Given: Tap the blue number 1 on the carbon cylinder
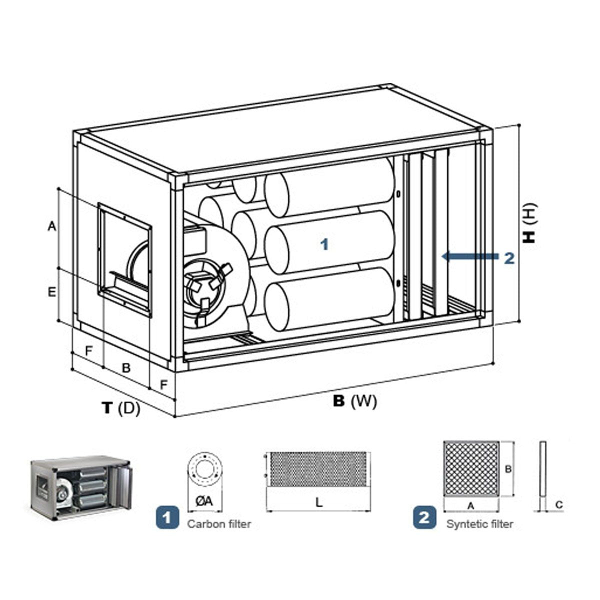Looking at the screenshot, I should point(325,244).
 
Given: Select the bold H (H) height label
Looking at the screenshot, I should point(529,223).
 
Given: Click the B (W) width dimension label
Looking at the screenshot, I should point(354,401).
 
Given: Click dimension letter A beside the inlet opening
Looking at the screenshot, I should point(51,226).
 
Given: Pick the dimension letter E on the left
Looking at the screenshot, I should point(51,292).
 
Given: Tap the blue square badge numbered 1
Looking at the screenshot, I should point(167,516).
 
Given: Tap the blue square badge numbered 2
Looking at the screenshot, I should point(424,516).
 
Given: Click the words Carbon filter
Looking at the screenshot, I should point(219,524).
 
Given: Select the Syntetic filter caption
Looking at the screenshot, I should point(479,524).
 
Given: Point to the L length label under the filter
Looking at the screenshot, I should point(319,503).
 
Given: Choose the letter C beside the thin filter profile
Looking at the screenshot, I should point(559,505).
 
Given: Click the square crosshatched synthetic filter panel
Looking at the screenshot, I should point(471,468).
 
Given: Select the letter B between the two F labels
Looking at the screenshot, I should point(126,368).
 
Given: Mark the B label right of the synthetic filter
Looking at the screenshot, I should point(507,469).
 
